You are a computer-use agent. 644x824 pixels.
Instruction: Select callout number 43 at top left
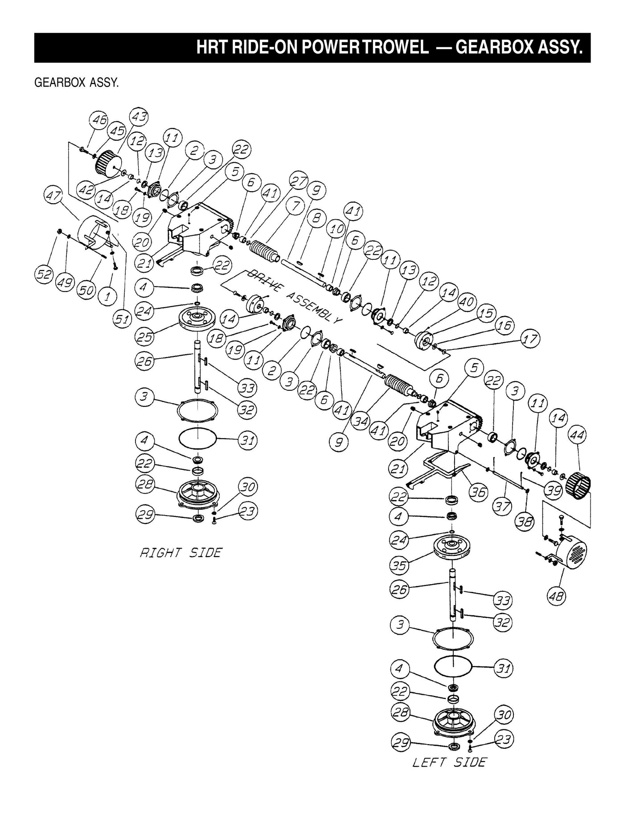[x=139, y=117]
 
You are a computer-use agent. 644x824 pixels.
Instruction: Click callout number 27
[x=299, y=181]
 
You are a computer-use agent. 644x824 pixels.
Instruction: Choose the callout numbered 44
[x=577, y=435]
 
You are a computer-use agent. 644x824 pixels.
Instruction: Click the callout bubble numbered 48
[x=556, y=595]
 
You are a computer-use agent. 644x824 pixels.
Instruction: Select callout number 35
[x=399, y=566]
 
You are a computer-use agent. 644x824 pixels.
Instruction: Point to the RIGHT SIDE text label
[x=181, y=553]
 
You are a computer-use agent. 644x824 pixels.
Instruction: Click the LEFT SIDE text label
[x=449, y=762]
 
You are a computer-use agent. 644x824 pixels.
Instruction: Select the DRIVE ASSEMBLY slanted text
[x=294, y=295]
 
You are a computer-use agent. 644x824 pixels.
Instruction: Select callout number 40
[x=466, y=302]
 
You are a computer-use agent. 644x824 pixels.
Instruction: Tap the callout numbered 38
[x=525, y=521]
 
